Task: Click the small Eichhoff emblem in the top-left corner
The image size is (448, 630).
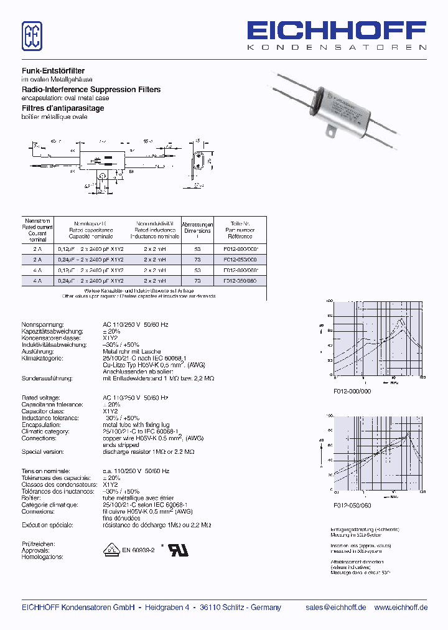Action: coord(32,36)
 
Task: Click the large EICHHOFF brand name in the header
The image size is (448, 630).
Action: coord(337,31)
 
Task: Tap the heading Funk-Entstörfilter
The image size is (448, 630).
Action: coord(54,72)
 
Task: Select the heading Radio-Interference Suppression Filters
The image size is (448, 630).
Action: coord(91,90)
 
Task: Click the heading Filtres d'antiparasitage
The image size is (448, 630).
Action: coord(63,108)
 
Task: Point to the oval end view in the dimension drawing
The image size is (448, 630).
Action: coord(198,162)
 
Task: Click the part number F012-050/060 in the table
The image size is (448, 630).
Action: coord(240,281)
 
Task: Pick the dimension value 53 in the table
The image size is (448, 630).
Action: coord(197,248)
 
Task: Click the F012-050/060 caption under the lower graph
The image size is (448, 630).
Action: coord(352,505)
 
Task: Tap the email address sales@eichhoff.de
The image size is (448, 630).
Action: coord(335,608)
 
